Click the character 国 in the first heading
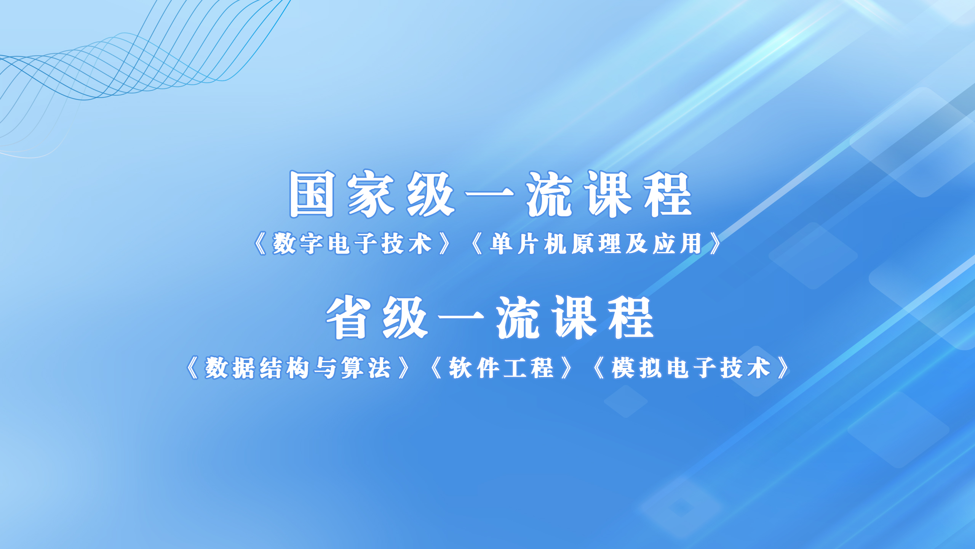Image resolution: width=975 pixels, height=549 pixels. (312, 194)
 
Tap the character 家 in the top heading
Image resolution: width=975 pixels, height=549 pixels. (371, 194)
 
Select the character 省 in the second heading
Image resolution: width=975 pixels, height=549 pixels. (348, 317)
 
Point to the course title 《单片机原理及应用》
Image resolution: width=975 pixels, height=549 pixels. (596, 244)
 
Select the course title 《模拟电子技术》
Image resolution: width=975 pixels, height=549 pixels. (691, 368)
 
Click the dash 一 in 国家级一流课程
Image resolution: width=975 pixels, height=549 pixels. (490, 194)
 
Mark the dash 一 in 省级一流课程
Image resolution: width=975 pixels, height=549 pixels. (461, 317)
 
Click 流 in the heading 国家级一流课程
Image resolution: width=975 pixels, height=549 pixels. (550, 194)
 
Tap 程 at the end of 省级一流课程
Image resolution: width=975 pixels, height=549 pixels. (631, 317)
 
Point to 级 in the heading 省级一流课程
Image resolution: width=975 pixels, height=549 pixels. (405, 317)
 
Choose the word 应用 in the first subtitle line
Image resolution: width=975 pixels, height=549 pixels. (678, 244)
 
